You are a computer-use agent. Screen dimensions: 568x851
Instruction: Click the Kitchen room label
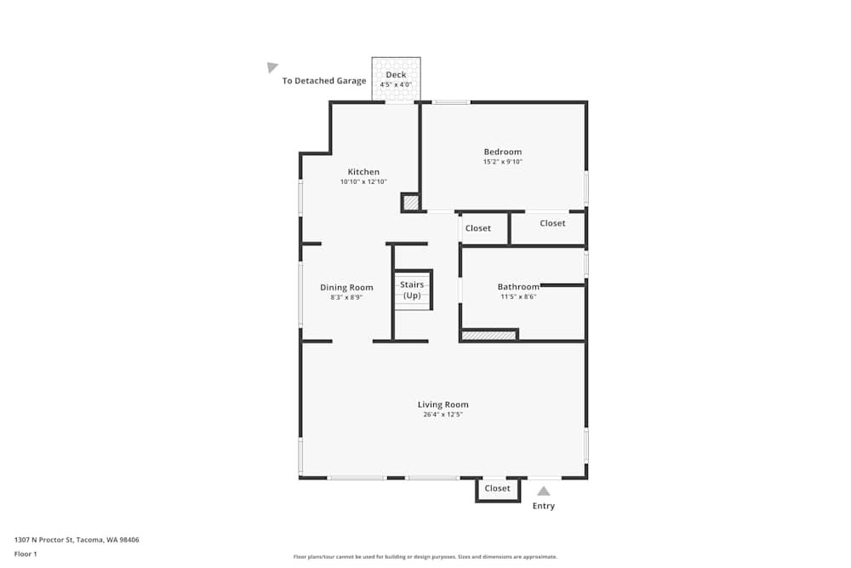363,172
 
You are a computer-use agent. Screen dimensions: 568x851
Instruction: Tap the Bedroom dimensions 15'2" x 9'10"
502,162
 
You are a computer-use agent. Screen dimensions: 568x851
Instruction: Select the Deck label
396,75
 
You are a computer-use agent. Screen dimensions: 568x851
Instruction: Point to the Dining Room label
346,288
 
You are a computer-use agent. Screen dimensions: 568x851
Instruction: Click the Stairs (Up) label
412,290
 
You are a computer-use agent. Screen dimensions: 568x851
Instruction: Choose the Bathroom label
518,287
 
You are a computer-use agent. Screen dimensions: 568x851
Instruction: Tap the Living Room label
443,404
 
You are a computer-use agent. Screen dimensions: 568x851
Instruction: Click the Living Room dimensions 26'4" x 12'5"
443,415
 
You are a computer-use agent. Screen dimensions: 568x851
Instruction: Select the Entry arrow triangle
543,491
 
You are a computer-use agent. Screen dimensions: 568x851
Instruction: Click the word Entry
543,506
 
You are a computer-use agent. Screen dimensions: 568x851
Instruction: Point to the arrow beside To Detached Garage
272,67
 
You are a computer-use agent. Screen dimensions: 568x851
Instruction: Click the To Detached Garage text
324,81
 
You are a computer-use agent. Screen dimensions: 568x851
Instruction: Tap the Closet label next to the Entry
497,489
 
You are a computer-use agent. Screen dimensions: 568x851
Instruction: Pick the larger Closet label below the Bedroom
552,223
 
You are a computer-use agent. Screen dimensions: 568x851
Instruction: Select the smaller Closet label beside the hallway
478,228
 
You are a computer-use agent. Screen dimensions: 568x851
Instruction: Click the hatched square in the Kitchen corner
411,203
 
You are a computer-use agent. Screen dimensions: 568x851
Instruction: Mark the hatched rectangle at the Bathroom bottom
489,336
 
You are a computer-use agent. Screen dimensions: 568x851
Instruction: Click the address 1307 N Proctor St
77,540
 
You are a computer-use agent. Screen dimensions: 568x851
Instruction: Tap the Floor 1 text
26,554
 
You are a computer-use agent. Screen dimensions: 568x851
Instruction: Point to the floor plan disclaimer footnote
425,557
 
